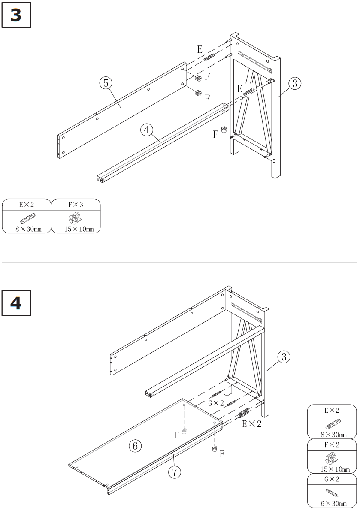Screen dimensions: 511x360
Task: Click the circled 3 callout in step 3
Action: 294,84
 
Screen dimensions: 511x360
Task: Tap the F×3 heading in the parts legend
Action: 76,204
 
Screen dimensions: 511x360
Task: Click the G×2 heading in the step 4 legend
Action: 332,480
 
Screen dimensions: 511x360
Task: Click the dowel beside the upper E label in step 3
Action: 209,58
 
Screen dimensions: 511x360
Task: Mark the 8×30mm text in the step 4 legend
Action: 332,434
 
